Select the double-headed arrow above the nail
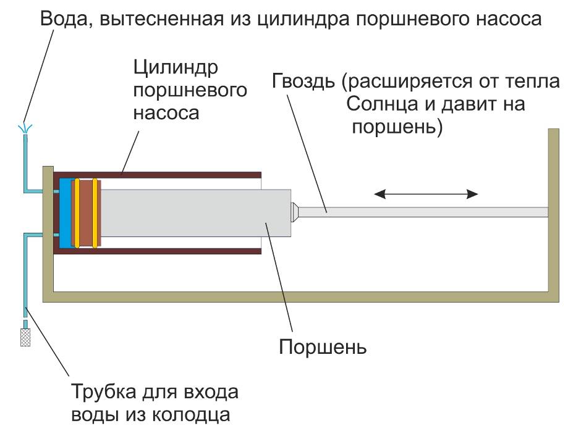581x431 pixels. point(426,194)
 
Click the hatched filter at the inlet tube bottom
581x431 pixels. point(26,338)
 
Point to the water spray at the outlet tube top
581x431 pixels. point(25,128)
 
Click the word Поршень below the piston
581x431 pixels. point(323,347)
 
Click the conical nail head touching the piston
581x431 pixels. point(296,212)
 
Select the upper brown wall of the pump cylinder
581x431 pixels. point(161,173)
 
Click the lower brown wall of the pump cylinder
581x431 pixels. point(161,251)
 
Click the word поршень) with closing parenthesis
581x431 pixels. point(396,127)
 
